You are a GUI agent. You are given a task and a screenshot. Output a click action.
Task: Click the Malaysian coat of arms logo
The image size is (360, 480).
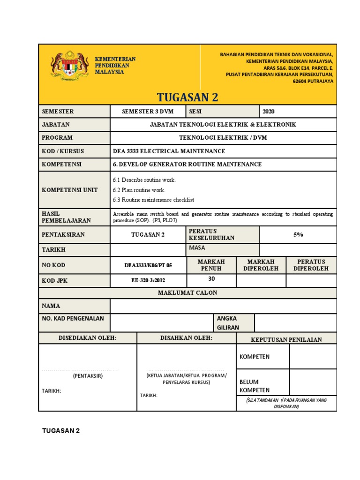(x=69, y=67)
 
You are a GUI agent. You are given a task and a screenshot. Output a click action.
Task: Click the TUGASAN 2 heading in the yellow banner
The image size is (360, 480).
(x=187, y=97)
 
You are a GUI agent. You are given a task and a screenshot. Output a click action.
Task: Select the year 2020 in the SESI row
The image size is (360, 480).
(x=269, y=112)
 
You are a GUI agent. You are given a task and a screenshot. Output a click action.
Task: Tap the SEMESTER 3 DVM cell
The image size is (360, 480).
(x=148, y=112)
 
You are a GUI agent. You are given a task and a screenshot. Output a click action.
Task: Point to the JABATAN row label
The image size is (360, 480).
(x=56, y=125)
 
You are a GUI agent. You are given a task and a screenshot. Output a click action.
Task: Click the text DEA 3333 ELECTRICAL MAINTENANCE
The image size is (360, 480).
(x=169, y=151)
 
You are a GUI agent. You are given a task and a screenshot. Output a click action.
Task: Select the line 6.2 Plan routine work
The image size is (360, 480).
(x=139, y=190)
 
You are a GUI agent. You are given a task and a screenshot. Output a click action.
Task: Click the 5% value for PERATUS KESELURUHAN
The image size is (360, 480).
(x=298, y=234)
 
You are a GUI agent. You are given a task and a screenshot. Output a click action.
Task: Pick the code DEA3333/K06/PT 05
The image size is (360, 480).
(x=148, y=265)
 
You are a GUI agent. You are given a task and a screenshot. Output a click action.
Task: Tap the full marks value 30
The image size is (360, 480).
(x=211, y=278)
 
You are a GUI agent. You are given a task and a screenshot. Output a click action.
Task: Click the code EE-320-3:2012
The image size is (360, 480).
(x=148, y=280)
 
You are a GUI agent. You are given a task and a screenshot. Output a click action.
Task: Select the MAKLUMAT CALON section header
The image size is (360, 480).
(x=187, y=293)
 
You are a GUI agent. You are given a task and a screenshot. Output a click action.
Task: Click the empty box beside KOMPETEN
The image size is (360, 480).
(x=313, y=357)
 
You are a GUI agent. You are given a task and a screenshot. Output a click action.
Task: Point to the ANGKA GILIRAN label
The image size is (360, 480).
(x=227, y=323)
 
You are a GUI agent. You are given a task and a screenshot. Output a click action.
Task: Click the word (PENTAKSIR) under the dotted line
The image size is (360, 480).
(x=88, y=376)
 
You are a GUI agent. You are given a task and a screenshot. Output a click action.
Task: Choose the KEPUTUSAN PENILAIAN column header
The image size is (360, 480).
(x=286, y=339)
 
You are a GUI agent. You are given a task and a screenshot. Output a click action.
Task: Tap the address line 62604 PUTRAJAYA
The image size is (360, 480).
(x=313, y=81)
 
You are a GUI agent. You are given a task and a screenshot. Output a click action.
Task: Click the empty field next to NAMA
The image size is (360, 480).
(x=223, y=306)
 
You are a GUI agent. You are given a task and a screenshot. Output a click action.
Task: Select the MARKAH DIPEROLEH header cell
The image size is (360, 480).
(x=261, y=265)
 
